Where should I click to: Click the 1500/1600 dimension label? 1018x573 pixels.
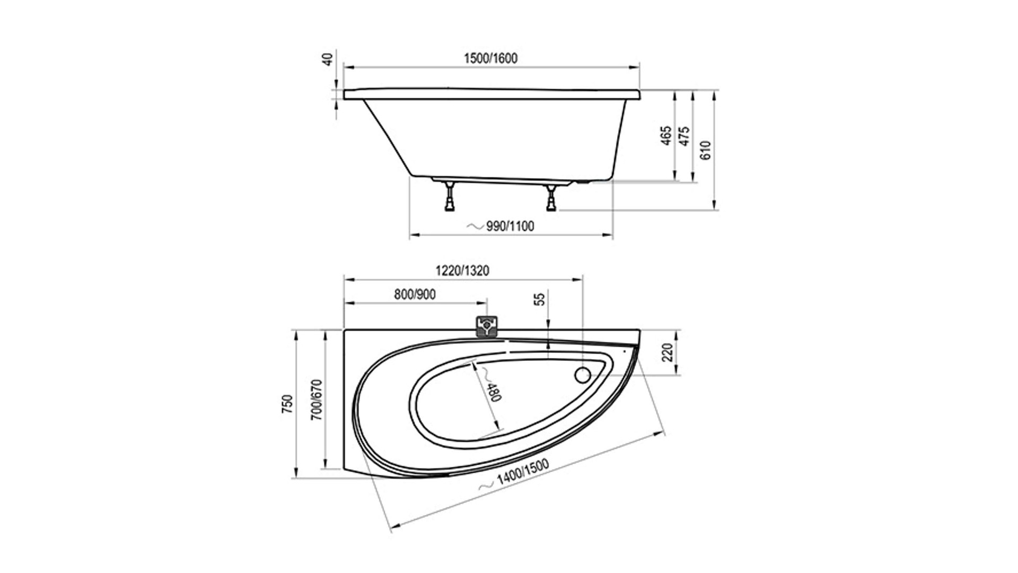point(490,58)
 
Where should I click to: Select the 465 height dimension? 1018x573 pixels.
point(666,135)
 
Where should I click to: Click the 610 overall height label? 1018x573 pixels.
point(705,150)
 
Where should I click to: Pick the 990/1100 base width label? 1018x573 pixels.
point(510,227)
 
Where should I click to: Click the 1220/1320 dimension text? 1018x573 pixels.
point(462,271)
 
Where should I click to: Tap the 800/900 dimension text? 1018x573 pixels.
point(415,294)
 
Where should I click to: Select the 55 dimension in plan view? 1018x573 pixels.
point(539,299)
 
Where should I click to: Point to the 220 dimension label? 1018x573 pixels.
point(668,352)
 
